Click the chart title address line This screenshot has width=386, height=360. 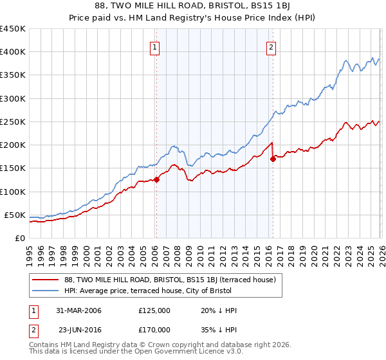193,7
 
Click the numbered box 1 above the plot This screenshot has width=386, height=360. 156,47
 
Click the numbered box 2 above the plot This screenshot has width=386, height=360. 271,47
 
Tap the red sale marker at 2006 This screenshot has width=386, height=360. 156,180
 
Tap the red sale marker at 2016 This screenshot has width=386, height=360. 273,159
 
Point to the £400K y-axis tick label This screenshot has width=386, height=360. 13,52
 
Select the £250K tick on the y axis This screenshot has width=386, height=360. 13,122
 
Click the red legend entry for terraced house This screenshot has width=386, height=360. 170,280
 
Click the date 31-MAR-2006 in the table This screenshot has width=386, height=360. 78,310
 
